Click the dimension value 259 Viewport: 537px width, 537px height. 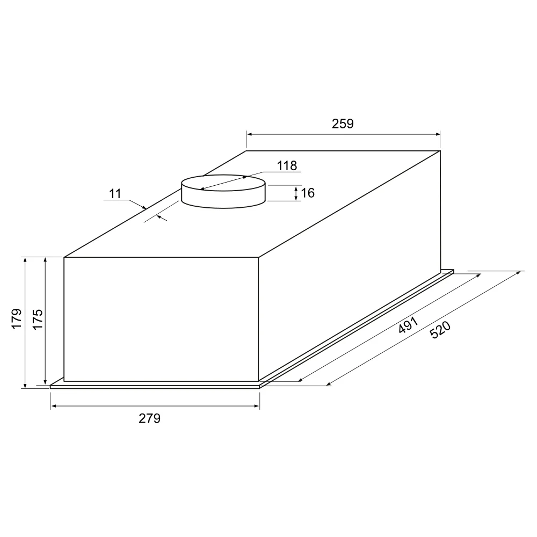[342, 124]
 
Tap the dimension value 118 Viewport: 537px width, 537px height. [287, 166]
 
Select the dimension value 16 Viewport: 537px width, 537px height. [308, 193]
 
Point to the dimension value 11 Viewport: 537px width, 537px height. [115, 194]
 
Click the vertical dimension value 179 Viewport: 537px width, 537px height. [17, 319]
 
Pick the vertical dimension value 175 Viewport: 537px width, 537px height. [38, 319]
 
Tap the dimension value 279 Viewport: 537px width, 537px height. [149, 418]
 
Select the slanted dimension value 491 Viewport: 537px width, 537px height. [408, 325]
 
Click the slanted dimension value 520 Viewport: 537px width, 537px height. [440, 330]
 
